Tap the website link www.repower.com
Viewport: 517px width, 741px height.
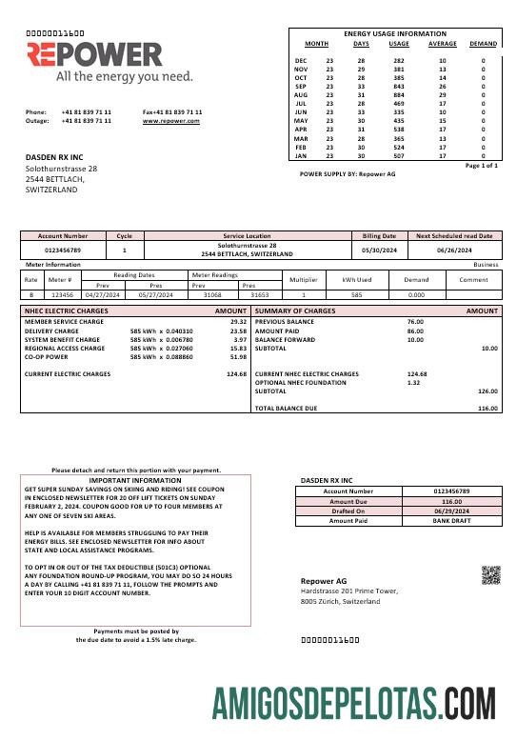coord(172,121)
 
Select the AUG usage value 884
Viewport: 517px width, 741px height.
coord(399,95)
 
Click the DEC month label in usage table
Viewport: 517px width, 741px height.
coord(301,60)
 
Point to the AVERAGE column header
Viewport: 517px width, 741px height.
coord(442,44)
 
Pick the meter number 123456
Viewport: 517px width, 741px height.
coord(61,295)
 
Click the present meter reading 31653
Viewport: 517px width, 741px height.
coord(259,295)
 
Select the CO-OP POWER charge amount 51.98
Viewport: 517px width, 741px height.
coord(238,357)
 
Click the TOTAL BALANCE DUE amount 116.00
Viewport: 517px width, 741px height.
coord(487,409)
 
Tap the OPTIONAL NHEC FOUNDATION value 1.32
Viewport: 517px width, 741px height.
coord(413,382)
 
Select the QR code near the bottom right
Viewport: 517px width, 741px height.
coord(490,574)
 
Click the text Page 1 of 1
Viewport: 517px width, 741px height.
coord(481,166)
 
